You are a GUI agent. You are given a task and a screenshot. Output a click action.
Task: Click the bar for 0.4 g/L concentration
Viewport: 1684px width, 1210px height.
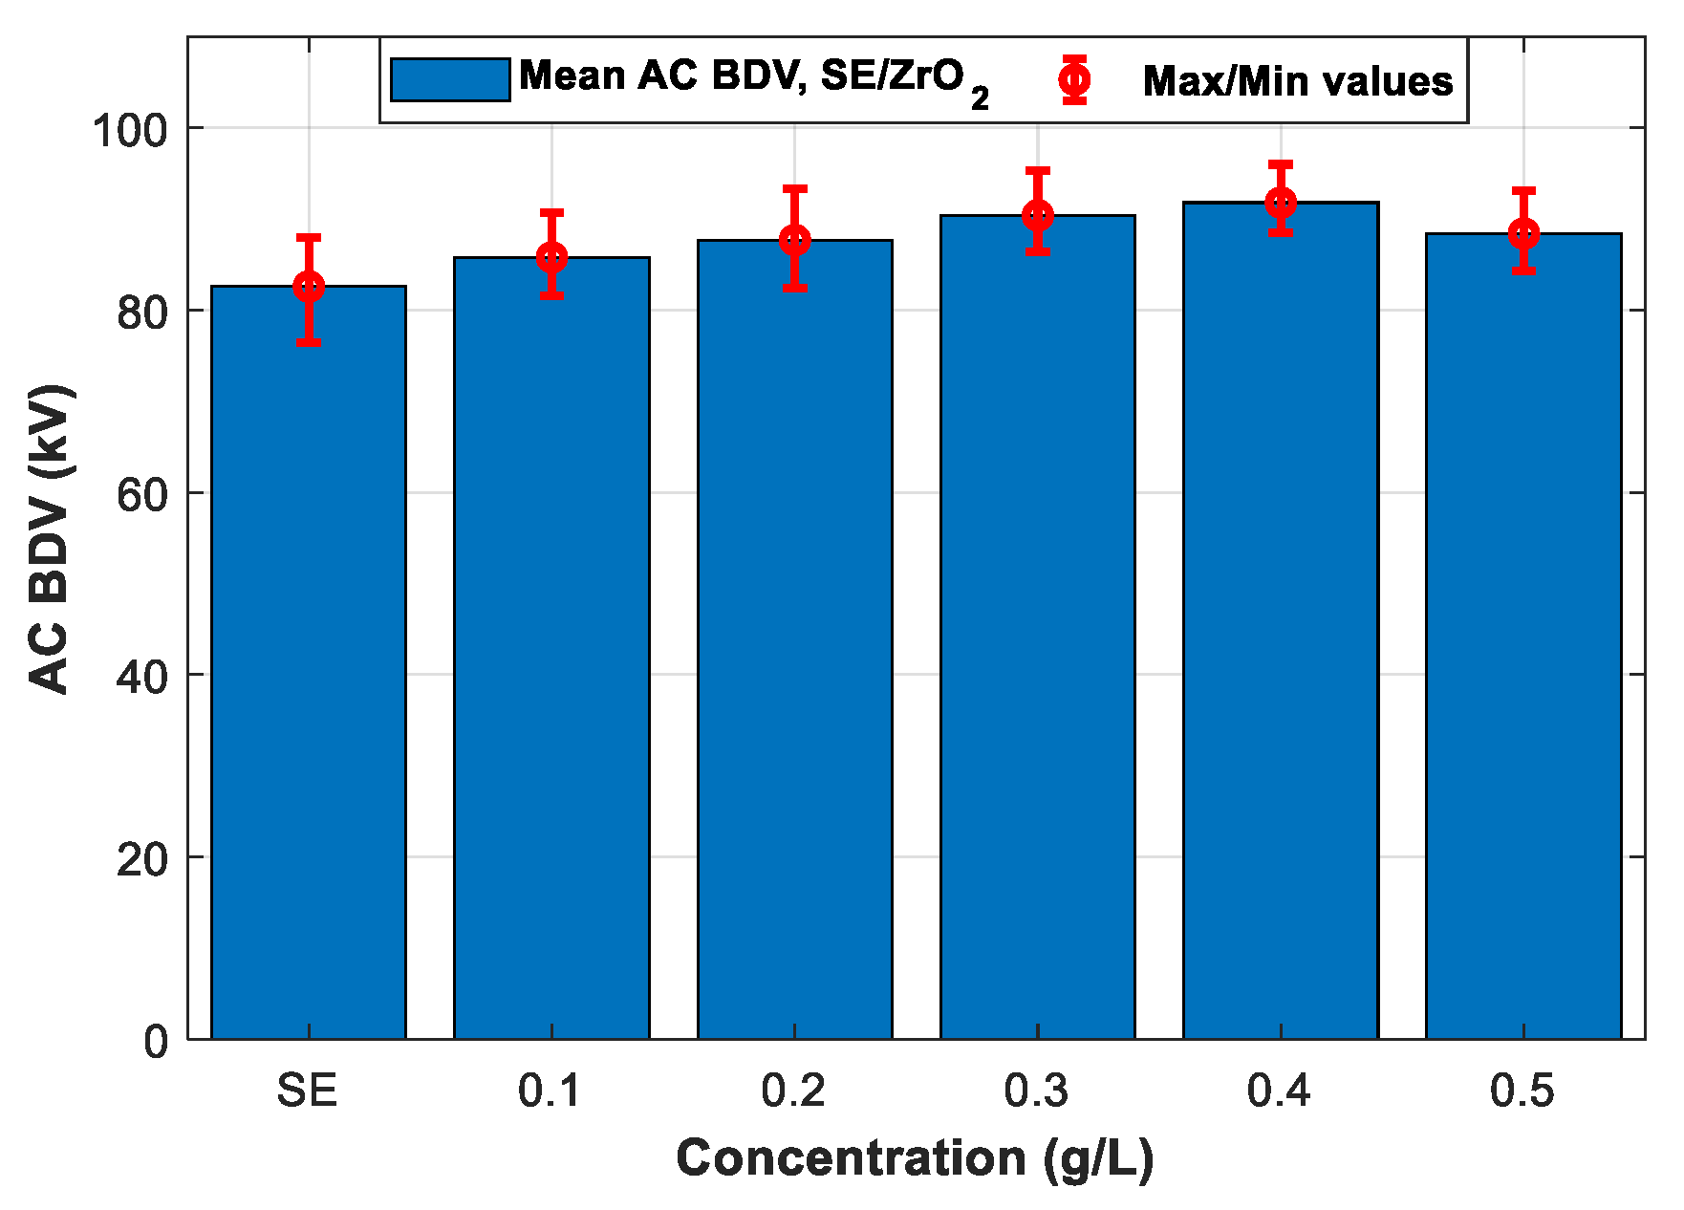pyautogui.click(x=1280, y=621)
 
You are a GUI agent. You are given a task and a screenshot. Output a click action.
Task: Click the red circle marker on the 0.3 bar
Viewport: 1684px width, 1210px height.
pyautogui.click(x=1038, y=215)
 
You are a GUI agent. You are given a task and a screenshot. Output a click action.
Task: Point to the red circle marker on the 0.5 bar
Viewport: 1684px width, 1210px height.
pyautogui.click(x=1523, y=233)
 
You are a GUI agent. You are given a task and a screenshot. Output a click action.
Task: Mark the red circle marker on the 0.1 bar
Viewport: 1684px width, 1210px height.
pyautogui.click(x=551, y=257)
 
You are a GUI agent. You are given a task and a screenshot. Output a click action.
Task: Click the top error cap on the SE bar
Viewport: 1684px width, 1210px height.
pyautogui.click(x=308, y=237)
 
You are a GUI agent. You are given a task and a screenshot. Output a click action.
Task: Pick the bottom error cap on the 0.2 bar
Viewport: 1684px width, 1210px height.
pyautogui.click(x=794, y=288)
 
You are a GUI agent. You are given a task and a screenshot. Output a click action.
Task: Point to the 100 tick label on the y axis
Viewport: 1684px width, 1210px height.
pyautogui.click(x=129, y=129)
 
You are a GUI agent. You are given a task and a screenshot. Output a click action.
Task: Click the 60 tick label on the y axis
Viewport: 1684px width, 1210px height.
pyautogui.click(x=141, y=494)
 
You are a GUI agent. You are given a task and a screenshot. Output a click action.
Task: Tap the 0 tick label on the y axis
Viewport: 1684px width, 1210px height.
pyautogui.click(x=155, y=1041)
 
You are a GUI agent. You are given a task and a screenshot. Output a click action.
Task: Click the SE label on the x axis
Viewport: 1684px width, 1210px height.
pyautogui.click(x=308, y=1091)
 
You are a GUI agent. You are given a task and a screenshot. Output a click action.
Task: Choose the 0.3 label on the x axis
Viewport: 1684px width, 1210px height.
pyautogui.click(x=1037, y=1091)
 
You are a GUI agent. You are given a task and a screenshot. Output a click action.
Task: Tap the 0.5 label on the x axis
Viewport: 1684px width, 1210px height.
pyautogui.click(x=1522, y=1091)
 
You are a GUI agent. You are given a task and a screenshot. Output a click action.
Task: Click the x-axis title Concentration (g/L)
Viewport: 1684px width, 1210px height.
pyautogui.click(x=915, y=1159)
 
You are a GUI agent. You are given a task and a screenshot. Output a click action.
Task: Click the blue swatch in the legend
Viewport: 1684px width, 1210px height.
pyautogui.click(x=449, y=79)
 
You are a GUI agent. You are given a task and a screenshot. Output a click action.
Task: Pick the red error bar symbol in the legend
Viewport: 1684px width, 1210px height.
pyautogui.click(x=1074, y=79)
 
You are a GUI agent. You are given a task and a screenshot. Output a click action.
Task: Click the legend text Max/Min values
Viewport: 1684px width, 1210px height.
pyautogui.click(x=1297, y=81)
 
